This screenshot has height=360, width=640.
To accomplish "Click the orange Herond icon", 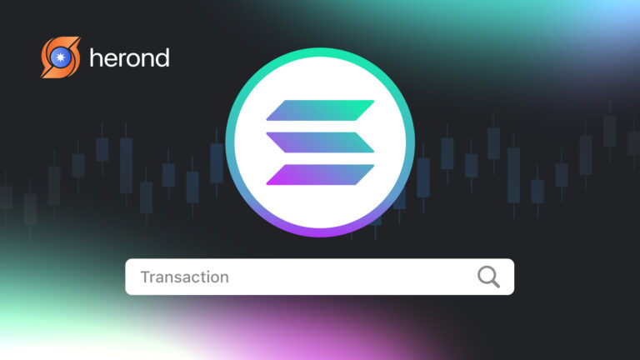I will (x=60, y=57).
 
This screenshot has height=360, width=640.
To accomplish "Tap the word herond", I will (x=128, y=57).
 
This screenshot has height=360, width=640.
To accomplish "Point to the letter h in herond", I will (x=95, y=57).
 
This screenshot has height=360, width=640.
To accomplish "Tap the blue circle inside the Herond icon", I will (x=60, y=57).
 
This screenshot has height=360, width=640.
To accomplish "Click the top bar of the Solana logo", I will (x=321, y=110).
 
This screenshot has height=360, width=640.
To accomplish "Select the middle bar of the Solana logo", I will (x=321, y=142).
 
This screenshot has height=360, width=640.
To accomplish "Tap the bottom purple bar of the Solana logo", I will (x=321, y=173).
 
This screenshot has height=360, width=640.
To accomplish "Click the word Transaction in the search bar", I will (x=184, y=277).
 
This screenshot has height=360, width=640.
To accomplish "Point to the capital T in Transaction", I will (x=145, y=277).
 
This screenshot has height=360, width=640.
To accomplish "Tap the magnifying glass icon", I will (x=488, y=277).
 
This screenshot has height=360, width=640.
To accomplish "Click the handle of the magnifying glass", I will (x=495, y=283).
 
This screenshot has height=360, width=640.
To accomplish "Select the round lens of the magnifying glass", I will (x=486, y=274).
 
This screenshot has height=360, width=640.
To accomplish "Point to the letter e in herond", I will (x=110, y=59).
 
